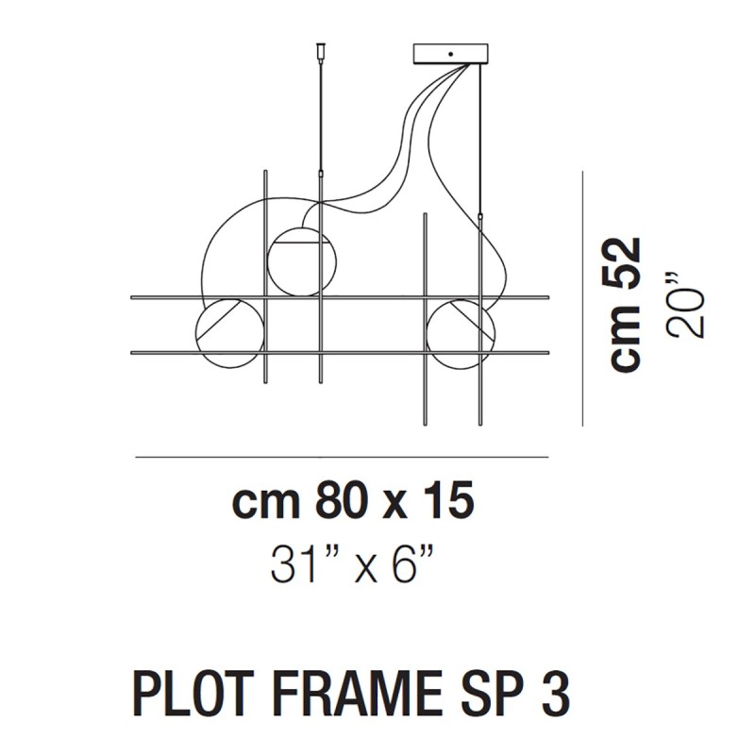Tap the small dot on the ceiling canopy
(450, 54)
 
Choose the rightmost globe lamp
(460, 332)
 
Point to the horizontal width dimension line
(342, 459)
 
